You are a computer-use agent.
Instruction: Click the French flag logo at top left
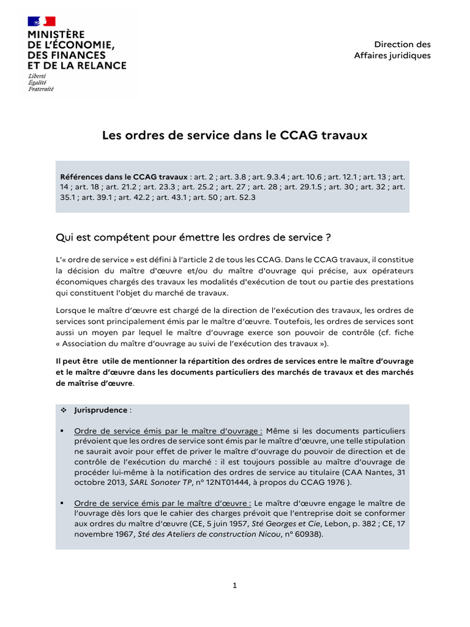pyautogui.click(x=42, y=21)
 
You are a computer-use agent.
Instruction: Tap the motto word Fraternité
pyautogui.click(x=41, y=89)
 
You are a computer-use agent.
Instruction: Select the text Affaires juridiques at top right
pyautogui.click(x=392, y=56)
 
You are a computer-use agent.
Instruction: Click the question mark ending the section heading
pyautogui.click(x=329, y=236)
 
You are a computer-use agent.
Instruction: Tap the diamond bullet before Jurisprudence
pyautogui.click(x=63, y=410)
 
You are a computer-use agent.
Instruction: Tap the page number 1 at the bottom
pyautogui.click(x=234, y=585)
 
